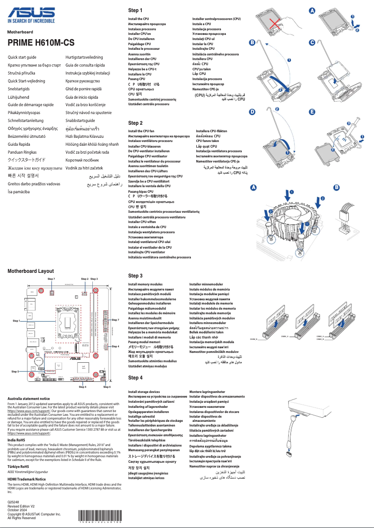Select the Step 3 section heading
(x=135, y=276)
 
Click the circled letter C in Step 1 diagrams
(x=312, y=43)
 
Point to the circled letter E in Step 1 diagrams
(x=312, y=112)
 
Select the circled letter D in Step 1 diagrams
(x=252, y=112)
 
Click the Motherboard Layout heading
(x=30, y=271)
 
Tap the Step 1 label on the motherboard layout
(x=16, y=321)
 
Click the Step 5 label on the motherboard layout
(x=15, y=372)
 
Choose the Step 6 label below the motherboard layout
(x=107, y=387)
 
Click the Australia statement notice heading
(x=29, y=399)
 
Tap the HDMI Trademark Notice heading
(x=27, y=479)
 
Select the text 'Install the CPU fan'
(x=141, y=131)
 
